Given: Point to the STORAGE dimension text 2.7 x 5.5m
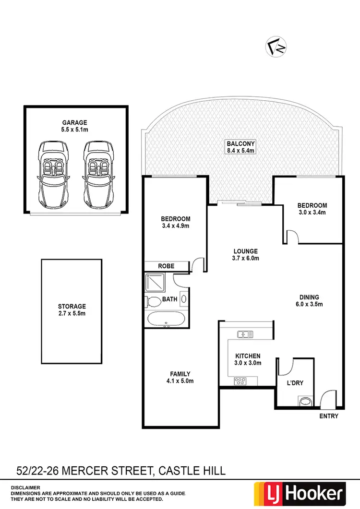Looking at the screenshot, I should click(72, 314).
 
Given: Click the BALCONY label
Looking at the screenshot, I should click(241, 143).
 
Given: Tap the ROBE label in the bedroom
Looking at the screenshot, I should click(166, 266).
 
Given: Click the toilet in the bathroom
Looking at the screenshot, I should click(154, 302).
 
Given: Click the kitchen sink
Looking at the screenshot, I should click(244, 334).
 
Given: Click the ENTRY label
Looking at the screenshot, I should click(329, 416).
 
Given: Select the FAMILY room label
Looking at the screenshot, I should click(180, 374).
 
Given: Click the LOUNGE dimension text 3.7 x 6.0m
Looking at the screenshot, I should click(246, 258).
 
